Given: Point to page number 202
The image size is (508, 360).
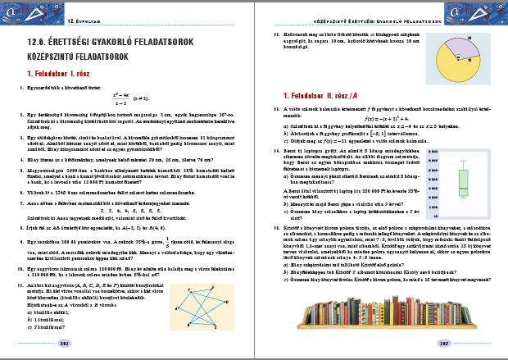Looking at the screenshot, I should tap(86, 344).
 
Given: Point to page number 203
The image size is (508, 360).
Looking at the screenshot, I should tap(421, 344).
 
